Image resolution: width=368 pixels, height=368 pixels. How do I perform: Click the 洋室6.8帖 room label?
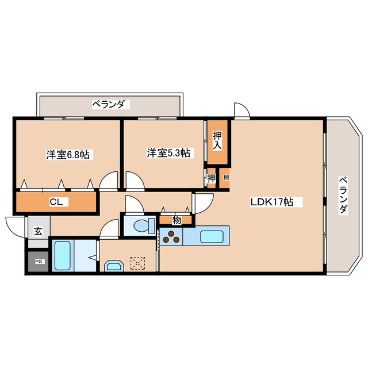pyautogui.click(x=68, y=155)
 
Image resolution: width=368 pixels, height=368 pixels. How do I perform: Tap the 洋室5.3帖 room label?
pyautogui.click(x=168, y=153)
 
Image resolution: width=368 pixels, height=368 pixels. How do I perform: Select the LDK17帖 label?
pyautogui.click(x=272, y=202)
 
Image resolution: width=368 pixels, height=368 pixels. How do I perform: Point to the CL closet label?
pyautogui.click(x=56, y=202)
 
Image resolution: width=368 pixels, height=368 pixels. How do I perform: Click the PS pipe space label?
pyautogui.click(x=39, y=262)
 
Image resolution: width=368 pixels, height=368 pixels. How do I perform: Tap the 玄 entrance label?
pyautogui.click(x=39, y=231)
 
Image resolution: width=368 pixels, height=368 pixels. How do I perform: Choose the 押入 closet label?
pyautogui.click(x=217, y=140)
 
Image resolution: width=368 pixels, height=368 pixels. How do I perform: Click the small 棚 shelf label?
pyautogui.click(x=226, y=178)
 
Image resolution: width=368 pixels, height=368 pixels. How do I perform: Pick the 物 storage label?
pyautogui.click(x=177, y=220)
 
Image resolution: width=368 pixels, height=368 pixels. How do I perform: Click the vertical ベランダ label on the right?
pyautogui.click(x=343, y=195)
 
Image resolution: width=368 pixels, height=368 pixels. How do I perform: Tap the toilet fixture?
pyautogui.click(x=144, y=225)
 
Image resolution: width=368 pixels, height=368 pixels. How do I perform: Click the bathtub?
pyautogui.click(x=63, y=255)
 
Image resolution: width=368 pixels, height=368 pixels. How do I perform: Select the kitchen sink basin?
pyautogui.click(x=212, y=236)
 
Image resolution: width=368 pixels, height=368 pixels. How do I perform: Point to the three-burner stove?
pyautogui.click(x=171, y=236)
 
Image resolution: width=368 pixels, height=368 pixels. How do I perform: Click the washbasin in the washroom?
pyautogui.click(x=114, y=266)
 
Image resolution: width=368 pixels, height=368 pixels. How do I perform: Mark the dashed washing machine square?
pyautogui.click(x=138, y=263)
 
